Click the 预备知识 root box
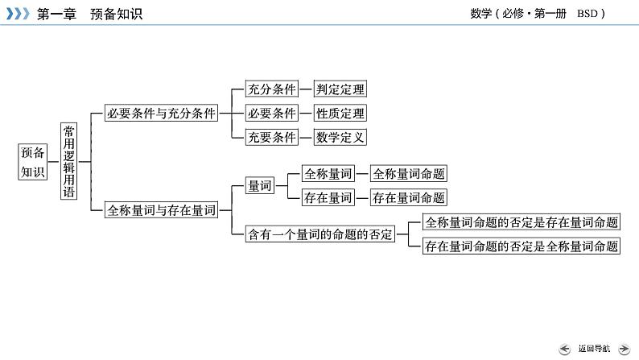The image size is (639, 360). point(34,161)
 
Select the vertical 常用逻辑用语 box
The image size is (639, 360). point(69,161)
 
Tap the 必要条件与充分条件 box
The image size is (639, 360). point(162,114)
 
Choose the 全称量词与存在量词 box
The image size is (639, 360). point(162,210)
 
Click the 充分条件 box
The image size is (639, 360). point(271,89)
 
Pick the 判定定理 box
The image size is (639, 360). point(340,89)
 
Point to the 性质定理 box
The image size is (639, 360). point(340,114)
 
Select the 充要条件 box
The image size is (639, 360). point(271,137)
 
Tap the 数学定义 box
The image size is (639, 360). point(340,137)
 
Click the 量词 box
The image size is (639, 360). point(259,185)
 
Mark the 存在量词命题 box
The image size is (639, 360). point(409,197)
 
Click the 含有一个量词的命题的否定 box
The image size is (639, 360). point(319,234)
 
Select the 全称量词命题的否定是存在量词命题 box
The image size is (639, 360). point(522,222)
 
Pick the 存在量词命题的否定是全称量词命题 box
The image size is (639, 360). point(522,246)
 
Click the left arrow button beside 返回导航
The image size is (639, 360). point(564,348)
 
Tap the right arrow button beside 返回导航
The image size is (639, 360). point(623,348)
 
